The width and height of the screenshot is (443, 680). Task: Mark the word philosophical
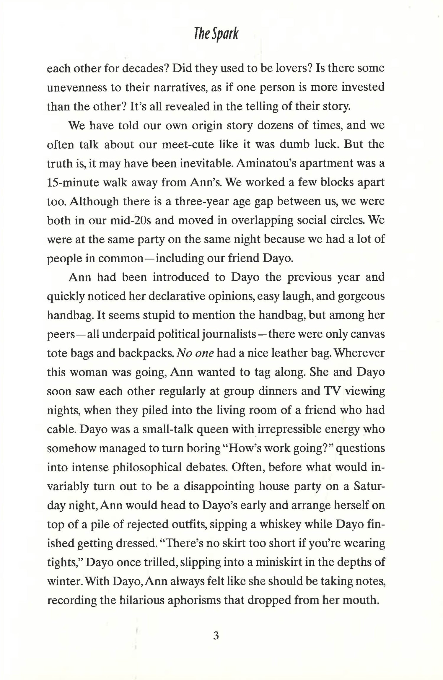click(x=149, y=467)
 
